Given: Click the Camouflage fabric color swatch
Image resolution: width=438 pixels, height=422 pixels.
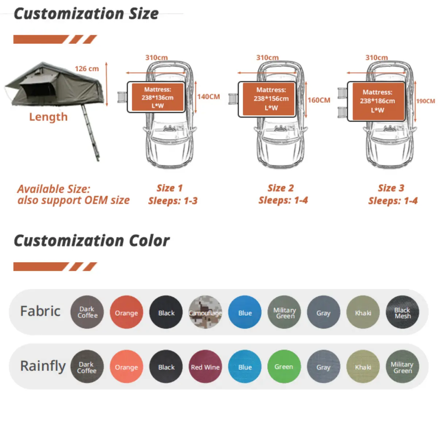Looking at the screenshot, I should coord(205,312).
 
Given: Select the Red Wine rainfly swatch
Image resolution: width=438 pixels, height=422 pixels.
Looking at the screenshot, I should coord(205,367).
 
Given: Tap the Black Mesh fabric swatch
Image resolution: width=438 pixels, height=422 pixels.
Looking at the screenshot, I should coord(402,312).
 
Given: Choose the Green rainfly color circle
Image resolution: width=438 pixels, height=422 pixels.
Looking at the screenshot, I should coord(284,367).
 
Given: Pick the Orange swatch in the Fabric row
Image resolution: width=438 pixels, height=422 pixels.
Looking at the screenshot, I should coord(126,312).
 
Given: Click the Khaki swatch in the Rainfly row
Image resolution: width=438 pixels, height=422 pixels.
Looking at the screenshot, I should coord(363,367).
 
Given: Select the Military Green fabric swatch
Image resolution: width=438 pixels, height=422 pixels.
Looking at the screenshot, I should coord(284,312).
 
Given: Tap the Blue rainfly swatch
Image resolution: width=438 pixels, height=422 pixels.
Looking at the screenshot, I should coord(245,367).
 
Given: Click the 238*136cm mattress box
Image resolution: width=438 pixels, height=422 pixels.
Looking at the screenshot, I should coord(157,97).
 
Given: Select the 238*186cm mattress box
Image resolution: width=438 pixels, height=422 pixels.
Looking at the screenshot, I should coord(377,101).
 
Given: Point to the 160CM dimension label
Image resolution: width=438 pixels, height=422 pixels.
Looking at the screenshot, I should coord(319,100).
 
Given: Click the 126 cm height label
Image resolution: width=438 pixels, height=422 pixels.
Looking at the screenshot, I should coord(87,69).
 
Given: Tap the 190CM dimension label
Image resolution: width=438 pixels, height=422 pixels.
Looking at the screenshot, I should coord(426,101).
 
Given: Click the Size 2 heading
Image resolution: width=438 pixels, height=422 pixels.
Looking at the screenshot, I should coord(280,188).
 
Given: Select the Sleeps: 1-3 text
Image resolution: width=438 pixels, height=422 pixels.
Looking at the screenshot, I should coord(173,201).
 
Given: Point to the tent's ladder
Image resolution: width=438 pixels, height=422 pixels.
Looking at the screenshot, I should coord(91,133).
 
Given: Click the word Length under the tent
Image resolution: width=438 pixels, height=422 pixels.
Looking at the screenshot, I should coord(48,117).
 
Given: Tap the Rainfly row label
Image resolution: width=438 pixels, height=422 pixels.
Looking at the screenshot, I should coord(43,366).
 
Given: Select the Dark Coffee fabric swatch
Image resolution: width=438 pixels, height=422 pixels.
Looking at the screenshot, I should coord(87,312).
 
